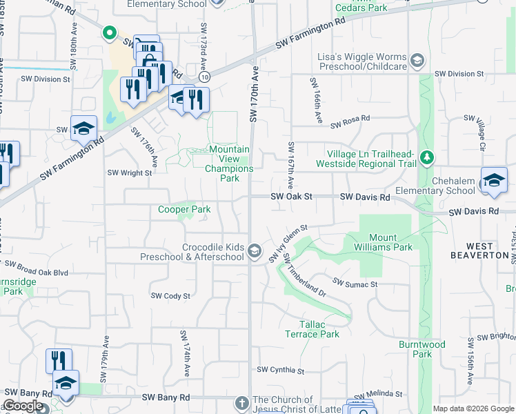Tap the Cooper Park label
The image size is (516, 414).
coord(184,209)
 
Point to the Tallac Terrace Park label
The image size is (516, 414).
coord(310,329)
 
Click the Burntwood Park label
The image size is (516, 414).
coord(417,348)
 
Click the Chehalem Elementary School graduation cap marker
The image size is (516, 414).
coord(494,179)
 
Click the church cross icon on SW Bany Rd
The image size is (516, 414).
coord(242,402)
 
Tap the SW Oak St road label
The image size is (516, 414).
coord(292,197)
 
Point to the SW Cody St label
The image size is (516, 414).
coord(170,296)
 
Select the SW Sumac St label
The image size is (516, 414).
coord(355,284)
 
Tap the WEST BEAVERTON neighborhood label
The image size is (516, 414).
coord(489,250)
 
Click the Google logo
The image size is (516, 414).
coord(22,406)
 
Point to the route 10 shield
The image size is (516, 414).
coord(206,78)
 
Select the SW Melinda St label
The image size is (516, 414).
coord(379,393)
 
